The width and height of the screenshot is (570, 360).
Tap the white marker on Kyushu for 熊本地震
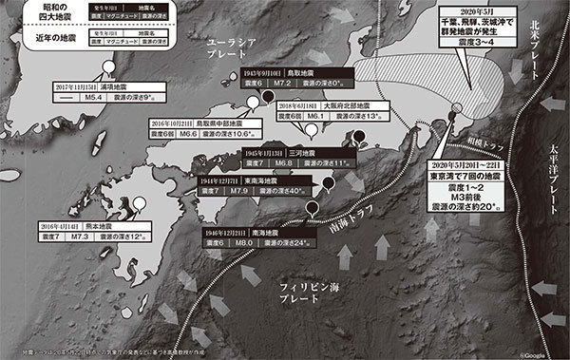(x=140, y=201)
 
